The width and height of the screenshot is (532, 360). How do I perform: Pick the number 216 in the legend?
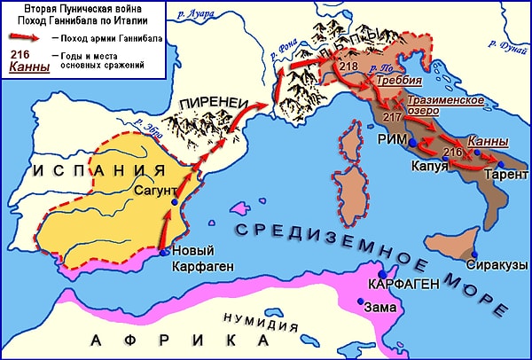click(22, 55)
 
